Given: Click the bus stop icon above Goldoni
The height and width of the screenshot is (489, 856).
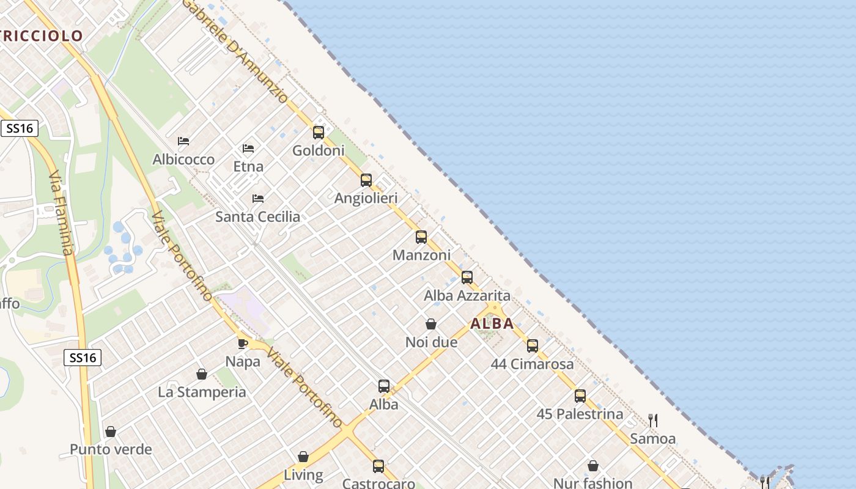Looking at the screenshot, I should point(318,132).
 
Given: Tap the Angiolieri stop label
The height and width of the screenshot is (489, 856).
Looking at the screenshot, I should point(366,198).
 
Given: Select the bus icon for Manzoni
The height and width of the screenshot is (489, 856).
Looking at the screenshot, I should point(421,237).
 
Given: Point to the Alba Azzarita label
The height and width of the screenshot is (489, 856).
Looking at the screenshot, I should point(467,296).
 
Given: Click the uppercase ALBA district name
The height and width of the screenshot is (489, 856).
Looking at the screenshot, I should point(492,324).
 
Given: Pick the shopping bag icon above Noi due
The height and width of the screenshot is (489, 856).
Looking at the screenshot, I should point(431,324).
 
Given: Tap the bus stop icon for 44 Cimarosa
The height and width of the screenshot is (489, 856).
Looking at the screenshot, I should point(533,346).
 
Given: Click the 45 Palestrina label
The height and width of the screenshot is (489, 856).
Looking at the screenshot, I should point(580,414).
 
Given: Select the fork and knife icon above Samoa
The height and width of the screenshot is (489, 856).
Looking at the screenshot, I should point(653,421).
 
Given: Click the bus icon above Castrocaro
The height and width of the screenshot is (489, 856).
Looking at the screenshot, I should point(378,466).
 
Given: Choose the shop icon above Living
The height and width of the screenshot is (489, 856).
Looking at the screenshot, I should point(303,457).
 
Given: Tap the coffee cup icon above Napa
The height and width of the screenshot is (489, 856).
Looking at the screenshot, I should point(243,343).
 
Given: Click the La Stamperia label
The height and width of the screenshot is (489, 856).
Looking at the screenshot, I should point(202,392).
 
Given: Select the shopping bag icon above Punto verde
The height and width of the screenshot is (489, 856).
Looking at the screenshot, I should point(111,432).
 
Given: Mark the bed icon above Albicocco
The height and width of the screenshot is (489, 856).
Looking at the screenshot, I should point(183,141).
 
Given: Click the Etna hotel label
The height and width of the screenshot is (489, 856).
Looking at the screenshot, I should point(248,166).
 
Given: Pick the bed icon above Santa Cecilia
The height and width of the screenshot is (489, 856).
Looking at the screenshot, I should point(258,199).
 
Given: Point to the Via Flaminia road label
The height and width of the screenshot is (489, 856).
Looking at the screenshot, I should point(61,212).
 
